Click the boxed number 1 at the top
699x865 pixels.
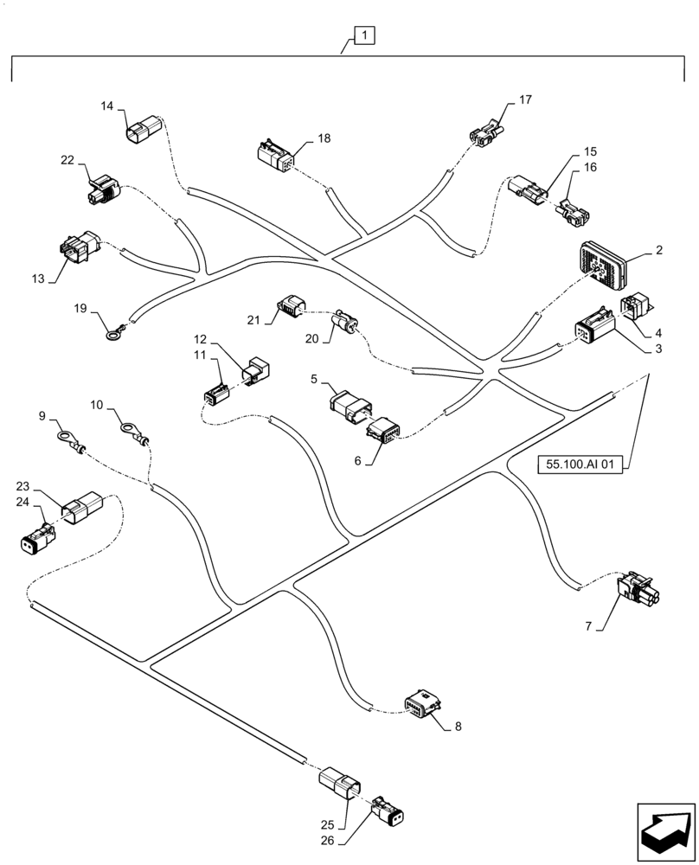(x=365, y=35)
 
